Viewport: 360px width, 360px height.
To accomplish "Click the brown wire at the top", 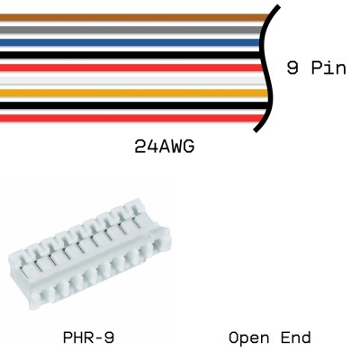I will pos(135,17).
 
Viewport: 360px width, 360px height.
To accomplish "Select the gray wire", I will pos(135,30).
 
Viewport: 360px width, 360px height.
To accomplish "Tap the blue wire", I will pos(135,41).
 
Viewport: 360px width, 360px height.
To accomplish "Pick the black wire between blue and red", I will pos(135,54).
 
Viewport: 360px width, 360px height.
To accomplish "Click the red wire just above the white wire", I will pos(135,67).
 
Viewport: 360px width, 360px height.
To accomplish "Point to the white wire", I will pos(135,79).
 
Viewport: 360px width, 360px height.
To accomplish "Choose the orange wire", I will pos(135,92).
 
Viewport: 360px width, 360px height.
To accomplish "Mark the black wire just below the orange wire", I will pos(135,104).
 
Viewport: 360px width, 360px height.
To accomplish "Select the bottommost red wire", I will pos(135,117).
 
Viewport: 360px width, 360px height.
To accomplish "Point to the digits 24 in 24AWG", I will pos(145,145).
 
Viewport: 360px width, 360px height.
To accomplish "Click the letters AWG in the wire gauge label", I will pos(179,145).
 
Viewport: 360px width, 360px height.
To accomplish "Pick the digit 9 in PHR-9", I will pos(110,338).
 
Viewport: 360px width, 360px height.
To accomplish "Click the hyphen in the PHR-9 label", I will pos(99,338).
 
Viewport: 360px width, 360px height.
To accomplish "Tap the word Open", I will pos(249,338).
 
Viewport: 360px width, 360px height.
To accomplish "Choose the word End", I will pos(296,338).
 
